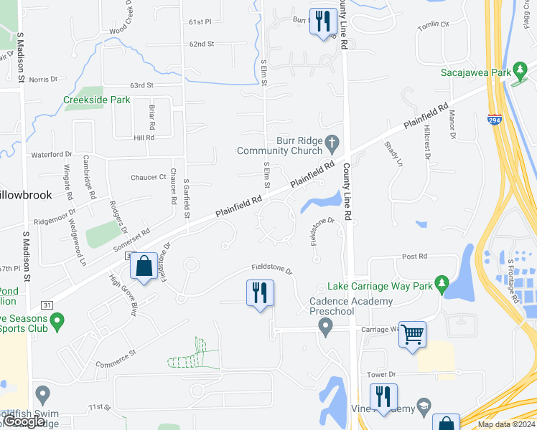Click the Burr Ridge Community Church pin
tap(331, 143)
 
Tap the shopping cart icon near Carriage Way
tap(412, 334)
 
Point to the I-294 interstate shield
tap(494, 120)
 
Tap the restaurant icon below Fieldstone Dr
tap(260, 292)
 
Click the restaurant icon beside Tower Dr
tap(383, 396)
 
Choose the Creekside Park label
tap(96, 100)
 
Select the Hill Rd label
tap(144, 137)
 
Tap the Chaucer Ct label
tap(148, 177)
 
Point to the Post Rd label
tap(414, 256)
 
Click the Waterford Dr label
tap(52, 154)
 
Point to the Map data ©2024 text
tap(506, 424)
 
